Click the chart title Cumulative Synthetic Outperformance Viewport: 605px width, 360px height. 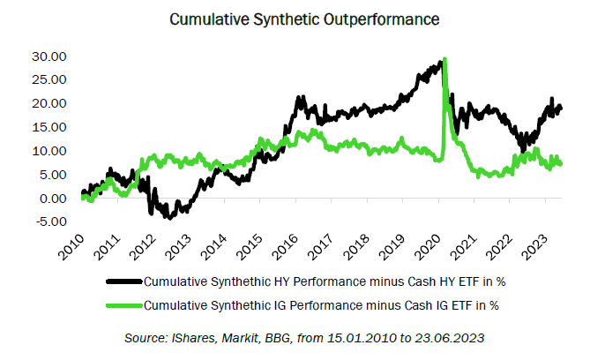[302, 17]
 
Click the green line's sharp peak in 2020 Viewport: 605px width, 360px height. [445, 59]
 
